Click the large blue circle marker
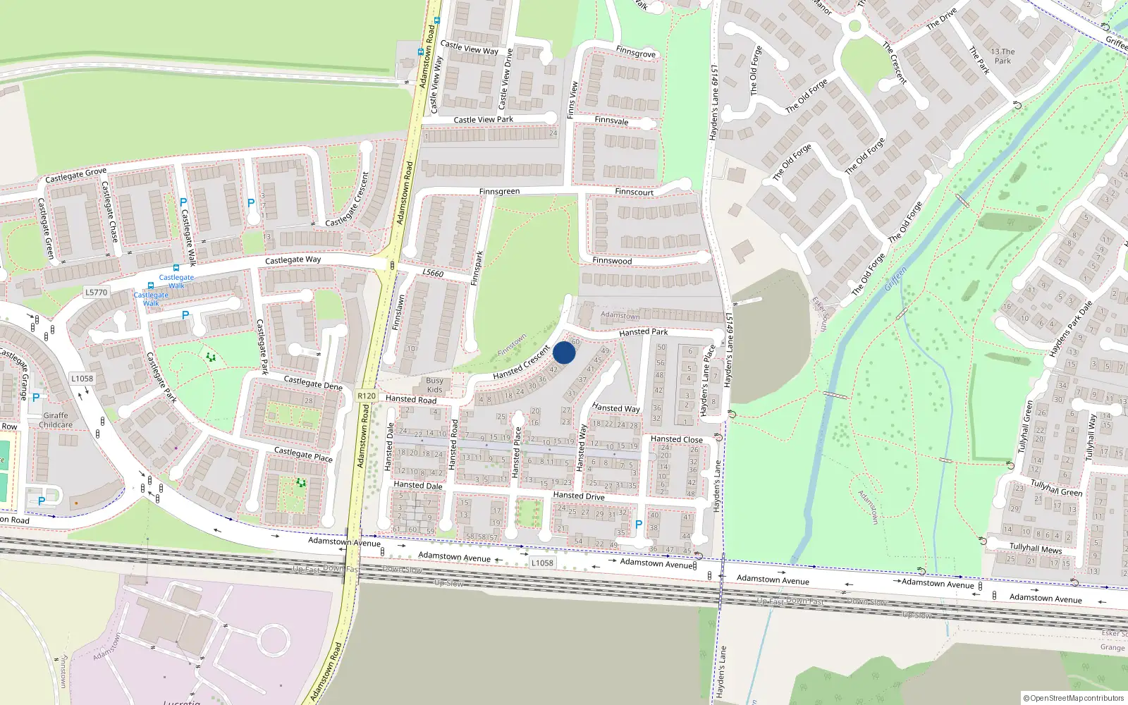[x=564, y=352]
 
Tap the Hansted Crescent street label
[x=521, y=362]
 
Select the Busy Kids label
[x=435, y=385]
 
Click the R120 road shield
[x=367, y=396]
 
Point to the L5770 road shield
[x=97, y=293]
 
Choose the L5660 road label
[x=433, y=274]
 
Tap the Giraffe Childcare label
[x=56, y=420]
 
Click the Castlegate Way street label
[x=293, y=260]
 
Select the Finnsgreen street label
[x=499, y=192]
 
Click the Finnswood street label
[x=612, y=261]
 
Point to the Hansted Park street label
[x=643, y=332]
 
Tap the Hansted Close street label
[x=676, y=439]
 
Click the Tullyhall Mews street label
[x=1035, y=548]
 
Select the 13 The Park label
[x=1003, y=56]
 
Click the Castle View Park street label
[x=483, y=120]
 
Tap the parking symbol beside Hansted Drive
[x=639, y=525]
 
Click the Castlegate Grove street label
[x=75, y=175]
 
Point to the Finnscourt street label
[x=634, y=192]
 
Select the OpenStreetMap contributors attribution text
[x=1073, y=699]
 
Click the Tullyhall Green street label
[x=1056, y=487]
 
